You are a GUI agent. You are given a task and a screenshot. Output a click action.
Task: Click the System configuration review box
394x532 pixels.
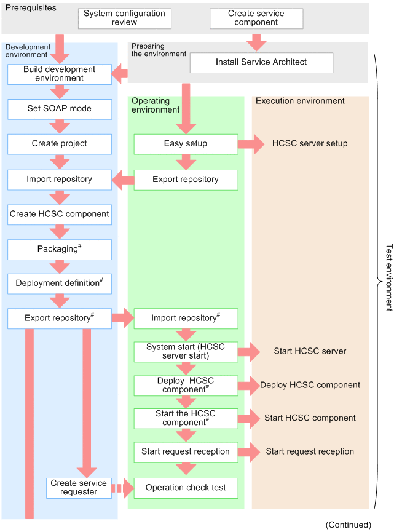pyautogui.click(x=124, y=18)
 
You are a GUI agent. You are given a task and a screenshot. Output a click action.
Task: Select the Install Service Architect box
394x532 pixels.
pyautogui.click(x=261, y=63)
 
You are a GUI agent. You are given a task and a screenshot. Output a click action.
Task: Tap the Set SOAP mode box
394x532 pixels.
pyautogui.click(x=60, y=109)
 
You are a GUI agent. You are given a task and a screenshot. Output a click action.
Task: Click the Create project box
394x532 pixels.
pyautogui.click(x=60, y=144)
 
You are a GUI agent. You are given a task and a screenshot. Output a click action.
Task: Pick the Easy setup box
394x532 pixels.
pyautogui.click(x=186, y=144)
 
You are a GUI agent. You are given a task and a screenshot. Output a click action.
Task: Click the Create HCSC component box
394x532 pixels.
pyautogui.click(x=60, y=215)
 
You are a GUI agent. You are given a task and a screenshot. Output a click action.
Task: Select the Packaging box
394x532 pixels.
pyautogui.click(x=60, y=250)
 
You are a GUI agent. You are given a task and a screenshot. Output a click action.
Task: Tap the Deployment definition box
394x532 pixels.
pyautogui.click(x=60, y=284)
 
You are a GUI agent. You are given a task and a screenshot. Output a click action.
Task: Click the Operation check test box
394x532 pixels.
pyautogui.click(x=186, y=488)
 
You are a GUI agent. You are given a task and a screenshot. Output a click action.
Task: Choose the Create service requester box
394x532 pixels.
pyautogui.click(x=79, y=488)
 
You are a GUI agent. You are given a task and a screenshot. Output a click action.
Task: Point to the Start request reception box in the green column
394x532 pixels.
pyautogui.click(x=186, y=452)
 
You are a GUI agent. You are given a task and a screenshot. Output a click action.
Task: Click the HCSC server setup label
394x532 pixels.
pyautogui.click(x=310, y=143)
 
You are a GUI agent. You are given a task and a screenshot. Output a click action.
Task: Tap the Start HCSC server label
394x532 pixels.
pyautogui.click(x=310, y=351)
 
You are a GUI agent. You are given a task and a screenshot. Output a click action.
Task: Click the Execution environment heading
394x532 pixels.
pyautogui.click(x=300, y=101)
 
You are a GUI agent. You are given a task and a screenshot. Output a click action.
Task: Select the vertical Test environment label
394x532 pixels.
pyautogui.click(x=389, y=277)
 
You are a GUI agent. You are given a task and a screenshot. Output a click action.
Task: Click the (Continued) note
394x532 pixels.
pyautogui.click(x=349, y=525)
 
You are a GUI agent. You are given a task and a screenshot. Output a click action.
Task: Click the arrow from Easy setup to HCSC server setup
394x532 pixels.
pyautogui.click(x=251, y=144)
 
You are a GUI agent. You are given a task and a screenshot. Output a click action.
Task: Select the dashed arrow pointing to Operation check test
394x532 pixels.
pyautogui.click(x=123, y=488)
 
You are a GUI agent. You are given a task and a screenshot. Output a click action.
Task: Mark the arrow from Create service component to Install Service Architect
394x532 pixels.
pyautogui.click(x=256, y=42)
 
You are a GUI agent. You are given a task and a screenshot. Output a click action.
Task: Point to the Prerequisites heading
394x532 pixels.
pyautogui.click(x=31, y=8)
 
